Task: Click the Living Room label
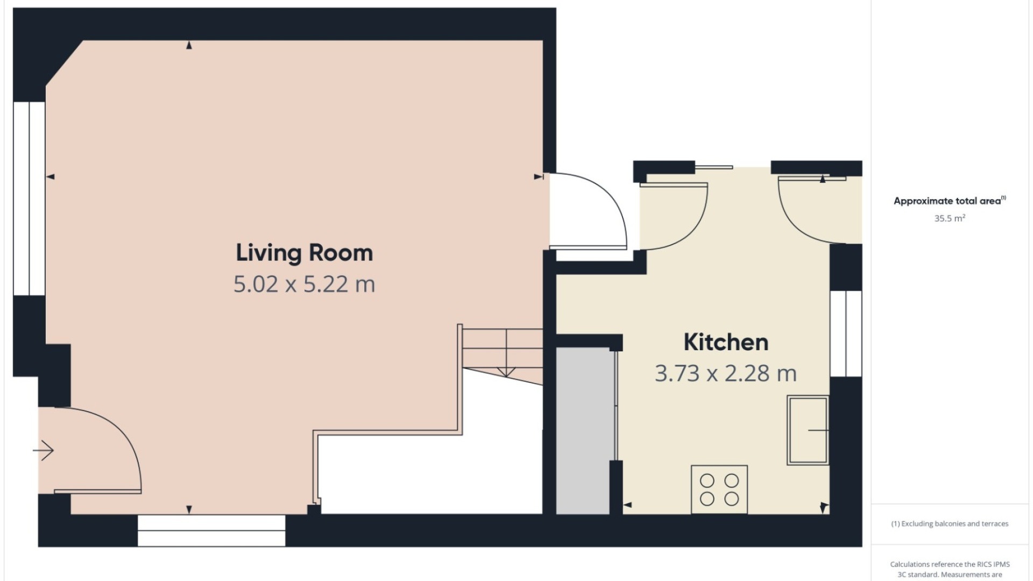[305, 253]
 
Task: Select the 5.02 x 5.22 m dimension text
[305, 284]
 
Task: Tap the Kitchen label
[726, 342]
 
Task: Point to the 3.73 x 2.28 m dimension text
[726, 373]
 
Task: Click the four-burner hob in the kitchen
[719, 489]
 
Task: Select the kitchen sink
[808, 430]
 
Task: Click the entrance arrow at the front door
[43, 450]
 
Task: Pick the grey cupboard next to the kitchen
[583, 430]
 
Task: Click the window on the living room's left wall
[29, 198]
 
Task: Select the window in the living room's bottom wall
[211, 530]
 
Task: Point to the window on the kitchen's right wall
[846, 334]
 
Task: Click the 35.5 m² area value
[950, 218]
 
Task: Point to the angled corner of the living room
[65, 62]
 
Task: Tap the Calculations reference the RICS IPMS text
[950, 564]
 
